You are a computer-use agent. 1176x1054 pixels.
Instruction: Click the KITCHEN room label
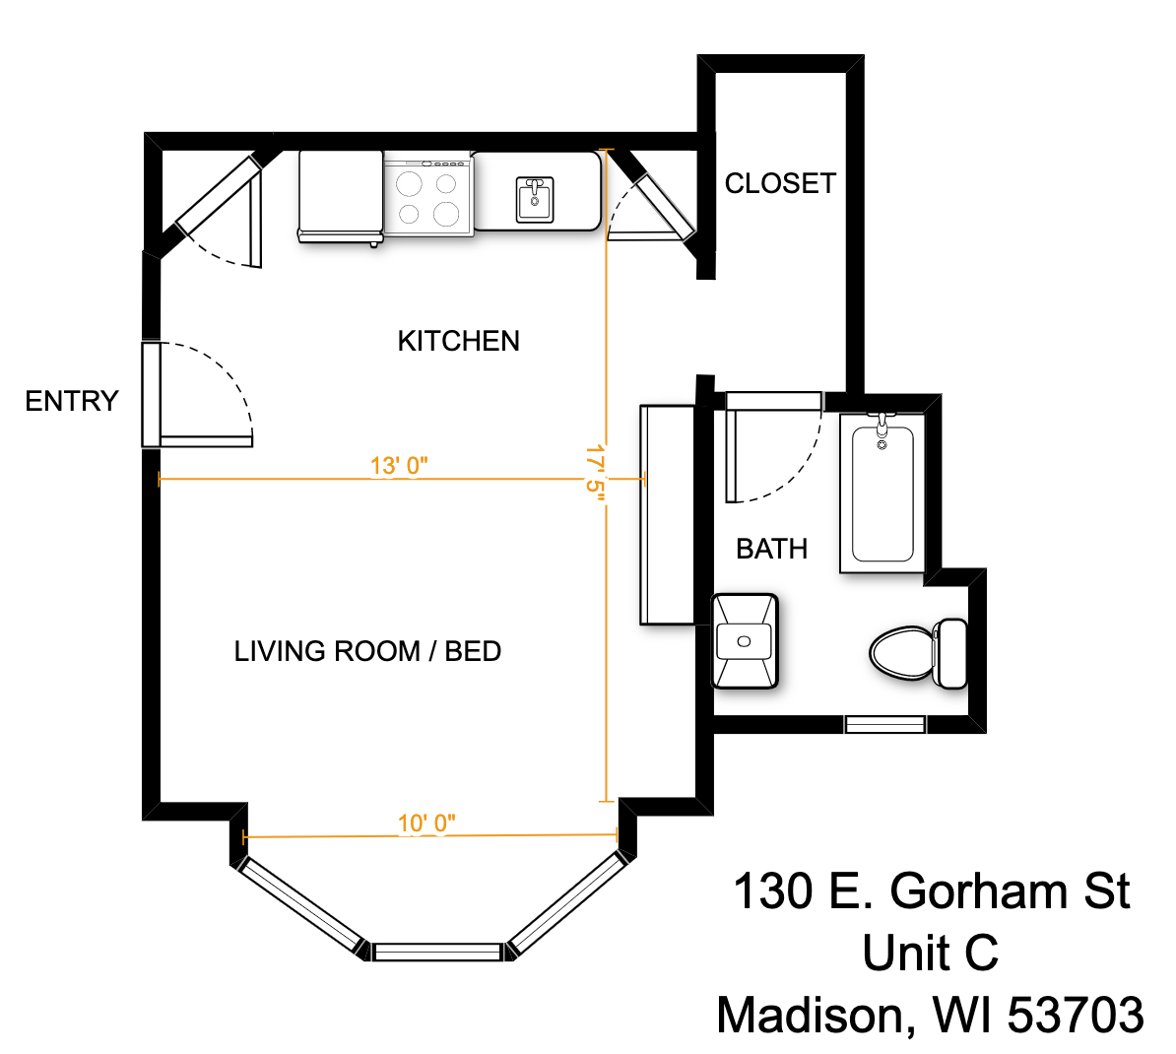(x=458, y=341)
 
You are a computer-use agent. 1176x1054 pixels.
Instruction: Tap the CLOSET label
(x=780, y=183)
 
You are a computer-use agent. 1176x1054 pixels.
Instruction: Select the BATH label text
(x=771, y=549)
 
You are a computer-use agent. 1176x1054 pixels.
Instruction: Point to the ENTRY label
(x=72, y=401)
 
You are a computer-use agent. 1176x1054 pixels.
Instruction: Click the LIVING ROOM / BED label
(x=367, y=651)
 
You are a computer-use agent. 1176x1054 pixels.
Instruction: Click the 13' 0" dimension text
(x=399, y=465)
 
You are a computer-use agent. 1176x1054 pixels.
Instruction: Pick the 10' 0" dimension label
(x=426, y=823)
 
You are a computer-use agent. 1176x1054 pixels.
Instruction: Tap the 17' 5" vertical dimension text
(x=594, y=473)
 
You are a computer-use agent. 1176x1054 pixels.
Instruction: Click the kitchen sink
(x=535, y=199)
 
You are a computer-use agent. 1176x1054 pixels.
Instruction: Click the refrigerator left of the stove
(x=340, y=195)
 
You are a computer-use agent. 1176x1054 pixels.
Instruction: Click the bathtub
(x=882, y=493)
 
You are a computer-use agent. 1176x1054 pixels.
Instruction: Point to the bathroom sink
(x=745, y=641)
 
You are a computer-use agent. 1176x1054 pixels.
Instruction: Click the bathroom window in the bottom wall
(x=884, y=725)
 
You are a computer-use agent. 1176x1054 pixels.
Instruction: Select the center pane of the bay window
(x=438, y=952)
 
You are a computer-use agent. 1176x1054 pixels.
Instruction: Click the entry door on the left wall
(x=151, y=394)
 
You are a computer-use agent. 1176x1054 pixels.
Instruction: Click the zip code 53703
(x=1076, y=1015)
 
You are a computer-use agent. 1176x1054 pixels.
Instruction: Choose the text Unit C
(x=930, y=954)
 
